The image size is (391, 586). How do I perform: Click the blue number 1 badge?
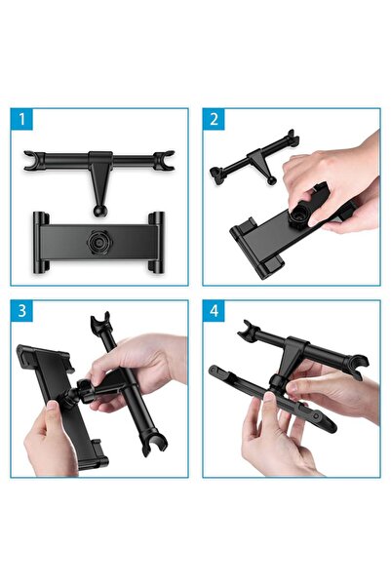[21, 119]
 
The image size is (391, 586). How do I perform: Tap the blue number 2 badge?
[214, 119]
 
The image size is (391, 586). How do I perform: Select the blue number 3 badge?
[21, 311]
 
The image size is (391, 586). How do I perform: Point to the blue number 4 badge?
[214, 311]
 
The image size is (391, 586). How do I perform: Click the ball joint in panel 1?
[99, 211]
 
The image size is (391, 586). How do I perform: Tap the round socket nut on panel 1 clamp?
[99, 243]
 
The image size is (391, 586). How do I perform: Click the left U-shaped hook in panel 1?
[33, 160]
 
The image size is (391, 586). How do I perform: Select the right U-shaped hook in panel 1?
[164, 160]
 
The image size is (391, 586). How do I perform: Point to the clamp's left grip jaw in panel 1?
[41, 243]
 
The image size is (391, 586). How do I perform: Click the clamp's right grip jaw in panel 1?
[157, 243]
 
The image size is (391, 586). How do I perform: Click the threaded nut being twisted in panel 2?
[298, 215]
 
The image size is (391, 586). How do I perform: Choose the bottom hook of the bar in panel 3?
[154, 445]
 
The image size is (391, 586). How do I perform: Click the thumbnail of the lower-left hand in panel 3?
[52, 405]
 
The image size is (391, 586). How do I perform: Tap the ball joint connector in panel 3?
[80, 392]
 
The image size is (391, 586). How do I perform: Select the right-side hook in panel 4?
[358, 367]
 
